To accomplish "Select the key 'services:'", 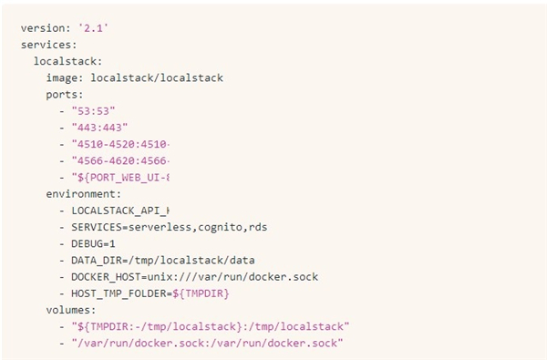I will [x=48, y=45].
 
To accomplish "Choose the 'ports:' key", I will [x=65, y=94].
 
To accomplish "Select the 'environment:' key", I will [x=83, y=193].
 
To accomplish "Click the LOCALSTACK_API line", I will [x=120, y=210].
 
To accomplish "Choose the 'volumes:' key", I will [x=71, y=309].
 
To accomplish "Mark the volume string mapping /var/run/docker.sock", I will [x=206, y=343].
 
